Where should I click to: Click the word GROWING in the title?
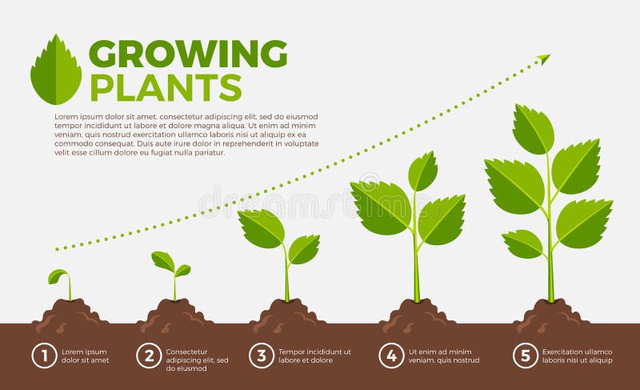click(187, 54)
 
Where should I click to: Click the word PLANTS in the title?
click(166, 86)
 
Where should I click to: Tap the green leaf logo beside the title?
click(56, 70)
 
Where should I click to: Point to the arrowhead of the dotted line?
click(544, 58)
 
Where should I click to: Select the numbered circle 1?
click(44, 356)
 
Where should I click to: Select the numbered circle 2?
click(149, 356)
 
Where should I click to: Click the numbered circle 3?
click(261, 356)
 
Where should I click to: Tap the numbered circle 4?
click(391, 356)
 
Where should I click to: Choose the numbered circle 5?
click(526, 356)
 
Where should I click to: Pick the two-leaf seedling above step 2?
click(170, 266)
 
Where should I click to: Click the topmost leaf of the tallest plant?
click(533, 128)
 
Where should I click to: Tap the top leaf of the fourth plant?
click(422, 171)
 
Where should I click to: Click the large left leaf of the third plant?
click(262, 228)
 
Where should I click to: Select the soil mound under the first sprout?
click(70, 313)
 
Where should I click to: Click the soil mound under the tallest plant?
click(551, 313)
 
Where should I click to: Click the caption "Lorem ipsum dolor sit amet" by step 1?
click(84, 356)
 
